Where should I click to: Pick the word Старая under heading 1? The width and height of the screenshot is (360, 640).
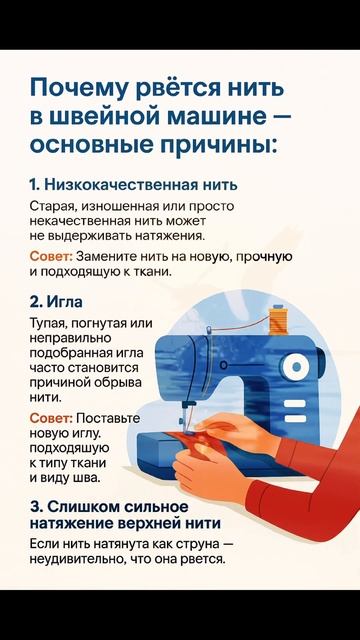click(x=54, y=207)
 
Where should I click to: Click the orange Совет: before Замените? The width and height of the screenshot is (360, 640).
click(x=51, y=257)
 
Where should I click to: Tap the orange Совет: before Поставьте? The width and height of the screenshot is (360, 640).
click(x=51, y=418)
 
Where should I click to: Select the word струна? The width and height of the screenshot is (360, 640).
click(x=198, y=547)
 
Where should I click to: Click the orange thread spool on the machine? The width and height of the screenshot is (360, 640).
click(x=279, y=321)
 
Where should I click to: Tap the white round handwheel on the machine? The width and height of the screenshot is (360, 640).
click(x=297, y=368)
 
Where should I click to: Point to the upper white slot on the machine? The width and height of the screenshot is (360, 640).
click(x=295, y=404)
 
